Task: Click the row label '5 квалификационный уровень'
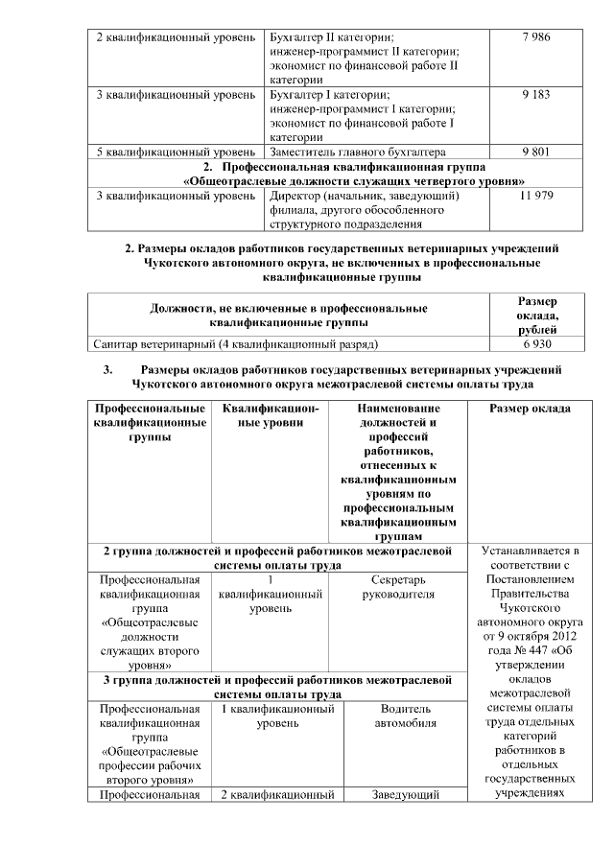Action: (174, 152)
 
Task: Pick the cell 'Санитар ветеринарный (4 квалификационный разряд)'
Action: (236, 342)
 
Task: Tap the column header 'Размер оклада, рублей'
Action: (536, 315)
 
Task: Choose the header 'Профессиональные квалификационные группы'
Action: (149, 422)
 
